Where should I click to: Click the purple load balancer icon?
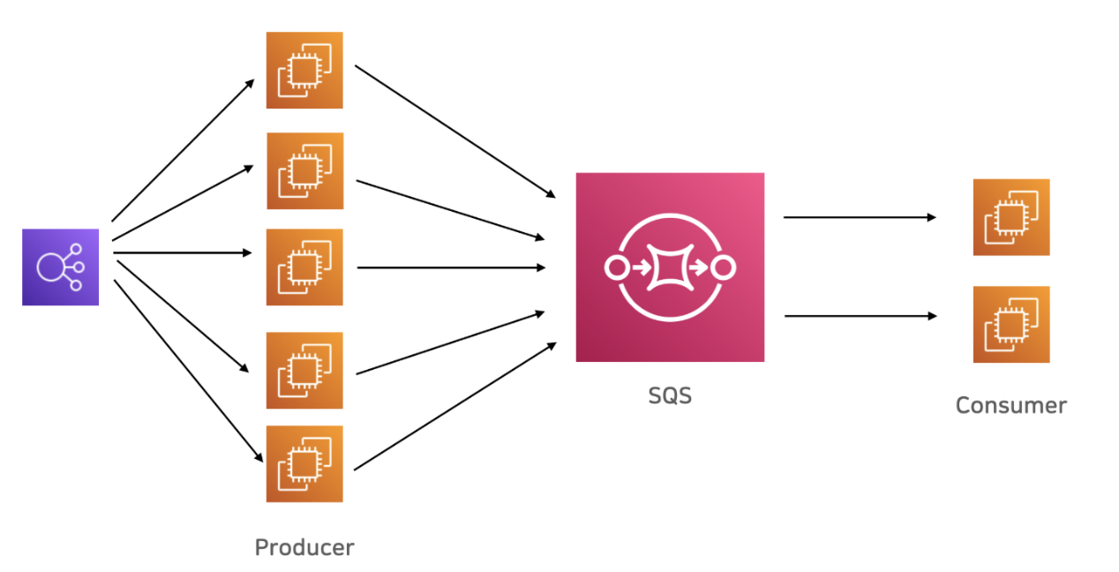click(x=60, y=267)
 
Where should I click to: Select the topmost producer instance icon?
click(x=304, y=71)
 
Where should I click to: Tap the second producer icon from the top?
click(x=304, y=171)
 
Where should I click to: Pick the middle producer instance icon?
click(x=304, y=267)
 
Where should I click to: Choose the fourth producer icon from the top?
click(x=304, y=371)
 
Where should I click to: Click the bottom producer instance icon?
click(x=304, y=464)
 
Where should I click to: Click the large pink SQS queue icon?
click(x=670, y=267)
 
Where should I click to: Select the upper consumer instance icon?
click(x=1011, y=217)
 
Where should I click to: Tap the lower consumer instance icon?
click(x=1011, y=324)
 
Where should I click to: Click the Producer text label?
click(x=304, y=547)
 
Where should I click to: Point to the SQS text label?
click(x=670, y=396)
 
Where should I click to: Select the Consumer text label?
click(x=1011, y=406)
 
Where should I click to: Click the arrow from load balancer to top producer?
click(x=183, y=150)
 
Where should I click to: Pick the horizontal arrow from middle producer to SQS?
click(x=450, y=267)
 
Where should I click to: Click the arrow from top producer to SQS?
click(x=454, y=130)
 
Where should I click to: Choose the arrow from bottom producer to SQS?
click(x=454, y=407)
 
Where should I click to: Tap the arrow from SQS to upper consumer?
click(x=860, y=217)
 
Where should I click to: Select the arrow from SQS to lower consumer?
click(x=860, y=315)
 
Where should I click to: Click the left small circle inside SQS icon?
click(x=616, y=267)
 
